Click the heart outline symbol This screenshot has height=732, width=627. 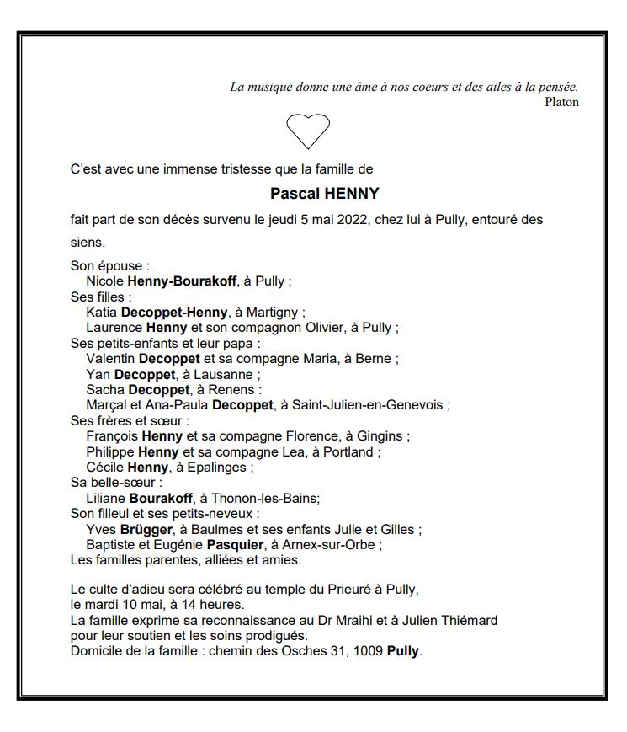pos(308,131)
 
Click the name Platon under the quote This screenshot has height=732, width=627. pos(561,102)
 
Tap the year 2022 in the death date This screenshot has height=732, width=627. pos(348,220)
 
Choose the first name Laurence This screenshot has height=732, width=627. pos(114,328)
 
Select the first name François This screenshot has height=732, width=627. pos(112,436)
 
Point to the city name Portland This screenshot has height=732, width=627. pos(348,451)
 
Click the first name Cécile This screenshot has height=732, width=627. pos(105,468)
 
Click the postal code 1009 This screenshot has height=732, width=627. pos(368,651)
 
